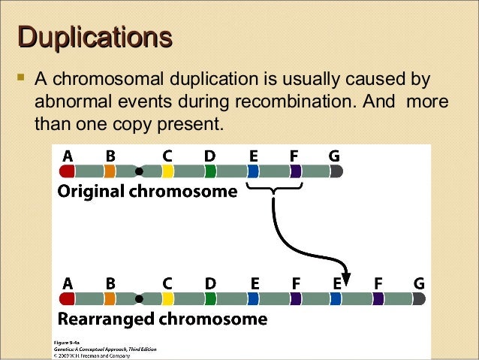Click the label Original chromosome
coord(147,191)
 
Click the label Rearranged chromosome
coord(162,319)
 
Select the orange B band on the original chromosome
coord(110,172)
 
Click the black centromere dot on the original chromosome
coord(139,172)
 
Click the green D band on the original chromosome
coord(210,172)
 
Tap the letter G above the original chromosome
coord(334,156)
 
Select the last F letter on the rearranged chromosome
coord(378,283)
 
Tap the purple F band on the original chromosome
coord(295,172)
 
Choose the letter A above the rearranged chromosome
coord(68,283)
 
